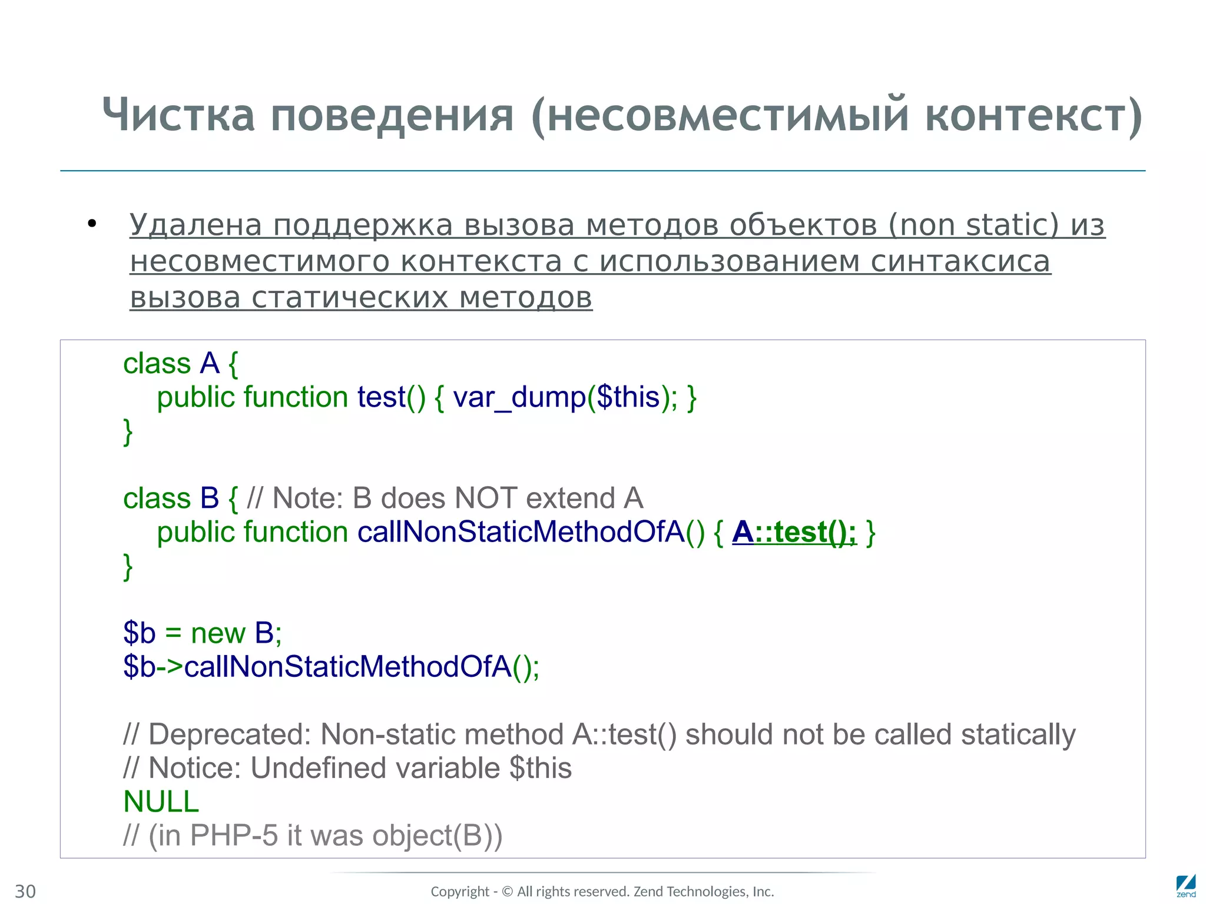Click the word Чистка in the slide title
[178, 115]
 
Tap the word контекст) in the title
[1033, 115]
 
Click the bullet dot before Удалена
[91, 224]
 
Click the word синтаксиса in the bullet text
[960, 261]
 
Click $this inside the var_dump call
[628, 397]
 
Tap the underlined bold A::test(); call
[794, 532]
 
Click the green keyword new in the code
[218, 633]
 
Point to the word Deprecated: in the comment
[230, 734]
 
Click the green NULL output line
[161, 802]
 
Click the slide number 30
[25, 891]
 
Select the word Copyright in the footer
[460, 892]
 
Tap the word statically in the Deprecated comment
[1018, 734]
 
